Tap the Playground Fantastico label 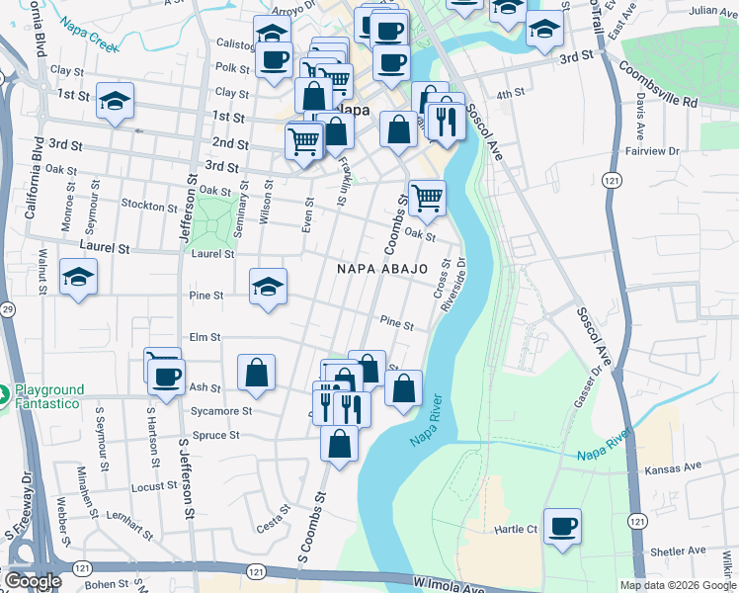tap(48, 396)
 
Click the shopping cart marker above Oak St tap(427, 198)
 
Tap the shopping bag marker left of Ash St tap(256, 373)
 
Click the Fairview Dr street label tap(650, 152)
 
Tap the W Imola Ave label tap(450, 587)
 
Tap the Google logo tap(34, 580)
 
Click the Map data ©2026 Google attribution tap(677, 585)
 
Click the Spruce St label tap(219, 435)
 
